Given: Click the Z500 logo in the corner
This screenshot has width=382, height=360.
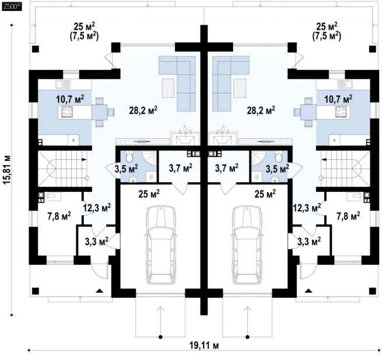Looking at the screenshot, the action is pyautogui.click(x=12, y=6).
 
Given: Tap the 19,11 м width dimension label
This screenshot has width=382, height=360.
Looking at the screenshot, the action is pyautogui.click(x=204, y=345).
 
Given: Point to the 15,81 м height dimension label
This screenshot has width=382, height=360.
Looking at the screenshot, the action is pyautogui.click(x=7, y=169).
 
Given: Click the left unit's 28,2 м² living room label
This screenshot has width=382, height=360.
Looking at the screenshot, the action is pyautogui.click(x=143, y=110).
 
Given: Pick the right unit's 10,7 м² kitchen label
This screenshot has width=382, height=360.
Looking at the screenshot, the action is pyautogui.click(x=338, y=99).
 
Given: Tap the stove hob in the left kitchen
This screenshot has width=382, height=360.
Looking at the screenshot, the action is pyautogui.click(x=67, y=112).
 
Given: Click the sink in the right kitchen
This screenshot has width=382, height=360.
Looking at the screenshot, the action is pyautogui.click(x=345, y=85).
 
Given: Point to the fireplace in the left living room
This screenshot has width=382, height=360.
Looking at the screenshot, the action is pyautogui.click(x=185, y=138).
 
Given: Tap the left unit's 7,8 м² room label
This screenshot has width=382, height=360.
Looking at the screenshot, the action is pyautogui.click(x=59, y=216).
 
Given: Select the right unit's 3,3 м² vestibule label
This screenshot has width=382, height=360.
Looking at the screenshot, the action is pyautogui.click(x=309, y=242).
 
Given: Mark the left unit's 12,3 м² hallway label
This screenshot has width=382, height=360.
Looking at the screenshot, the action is pyautogui.click(x=97, y=208).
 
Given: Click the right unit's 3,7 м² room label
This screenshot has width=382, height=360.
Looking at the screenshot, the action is pyautogui.click(x=226, y=167).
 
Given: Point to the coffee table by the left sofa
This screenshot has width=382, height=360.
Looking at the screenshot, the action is pyautogui.click(x=169, y=87).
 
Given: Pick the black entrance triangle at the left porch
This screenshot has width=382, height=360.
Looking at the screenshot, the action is pyautogui.click(x=99, y=291).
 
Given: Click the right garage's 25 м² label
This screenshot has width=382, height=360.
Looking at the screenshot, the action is pyautogui.click(x=265, y=194).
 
